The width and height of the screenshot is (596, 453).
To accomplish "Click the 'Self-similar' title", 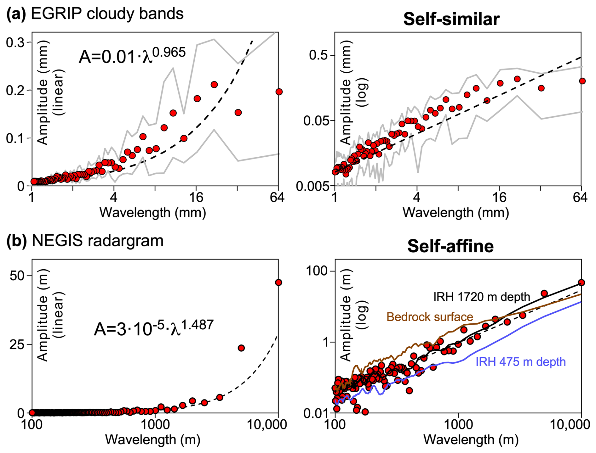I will [451, 19].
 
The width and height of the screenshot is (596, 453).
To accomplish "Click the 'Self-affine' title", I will [450, 246].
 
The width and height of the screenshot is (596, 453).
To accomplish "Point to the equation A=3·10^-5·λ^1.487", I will [154, 328].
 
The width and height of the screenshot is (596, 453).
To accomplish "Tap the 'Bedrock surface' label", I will [430, 317].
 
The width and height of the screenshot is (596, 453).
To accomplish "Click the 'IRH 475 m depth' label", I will [520, 362].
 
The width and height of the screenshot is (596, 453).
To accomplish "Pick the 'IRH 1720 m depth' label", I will [482, 297].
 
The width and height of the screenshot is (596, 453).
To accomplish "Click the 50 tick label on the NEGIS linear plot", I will [17, 276].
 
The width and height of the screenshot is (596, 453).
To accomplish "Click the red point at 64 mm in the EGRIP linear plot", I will [279, 92].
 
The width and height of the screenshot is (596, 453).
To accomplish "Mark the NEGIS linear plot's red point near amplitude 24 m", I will [241, 348].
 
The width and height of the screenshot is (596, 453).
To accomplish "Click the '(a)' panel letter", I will [16, 14].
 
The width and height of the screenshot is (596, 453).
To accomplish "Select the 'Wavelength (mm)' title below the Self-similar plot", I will [456, 213].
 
